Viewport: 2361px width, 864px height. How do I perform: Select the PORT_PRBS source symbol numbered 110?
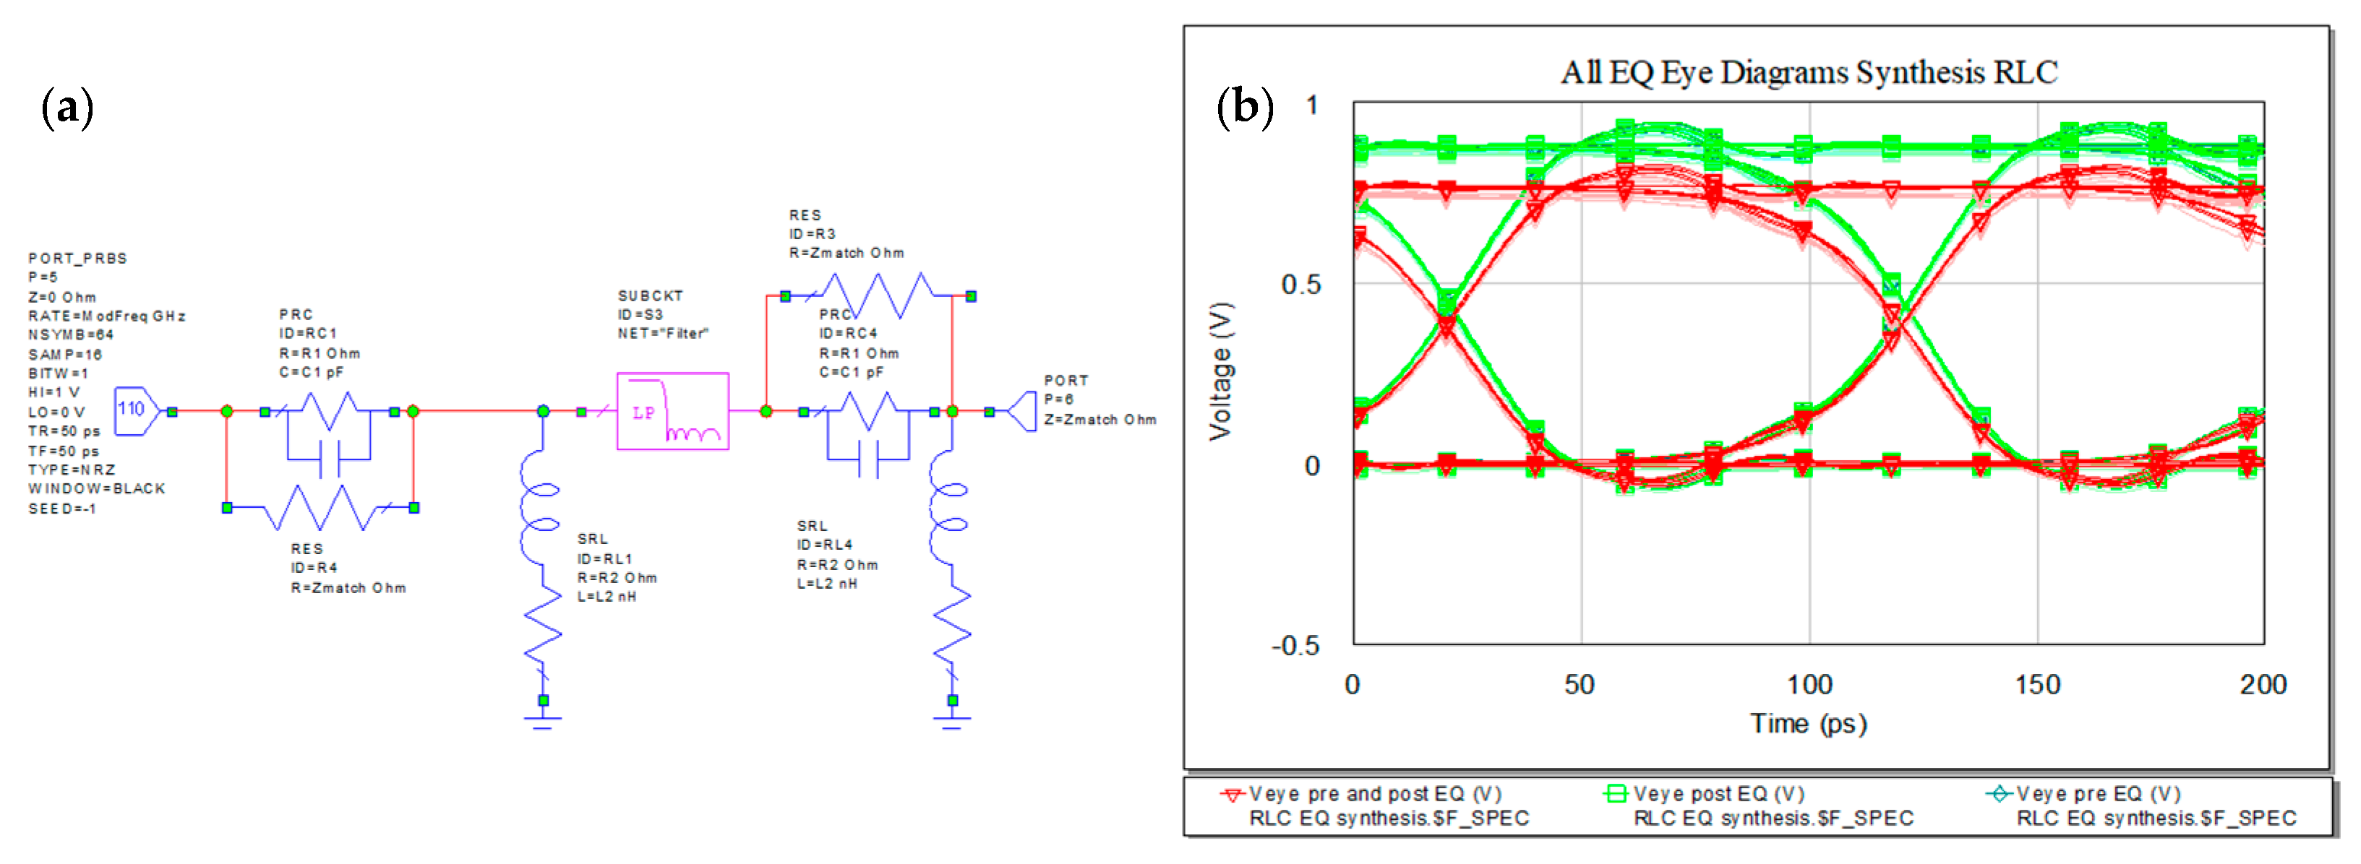point(134,410)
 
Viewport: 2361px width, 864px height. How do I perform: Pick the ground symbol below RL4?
point(952,722)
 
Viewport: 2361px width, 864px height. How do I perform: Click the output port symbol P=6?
point(1022,411)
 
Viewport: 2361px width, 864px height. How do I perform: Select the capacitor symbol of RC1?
point(329,457)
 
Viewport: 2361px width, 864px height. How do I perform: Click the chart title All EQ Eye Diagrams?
point(1808,72)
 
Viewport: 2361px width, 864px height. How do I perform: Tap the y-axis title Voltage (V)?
point(1220,371)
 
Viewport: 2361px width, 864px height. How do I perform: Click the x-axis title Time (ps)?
point(1807,724)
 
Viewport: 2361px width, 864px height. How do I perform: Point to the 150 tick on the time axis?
point(2036,684)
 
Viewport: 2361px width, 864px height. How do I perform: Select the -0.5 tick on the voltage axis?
point(1295,646)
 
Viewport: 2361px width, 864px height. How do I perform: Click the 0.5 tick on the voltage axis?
point(1301,284)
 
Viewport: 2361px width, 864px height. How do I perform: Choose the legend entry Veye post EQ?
point(1718,793)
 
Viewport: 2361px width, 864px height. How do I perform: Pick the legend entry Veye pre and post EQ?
point(1374,793)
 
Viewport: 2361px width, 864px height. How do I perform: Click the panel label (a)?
point(67,108)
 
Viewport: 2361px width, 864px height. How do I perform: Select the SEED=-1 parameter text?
point(62,509)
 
